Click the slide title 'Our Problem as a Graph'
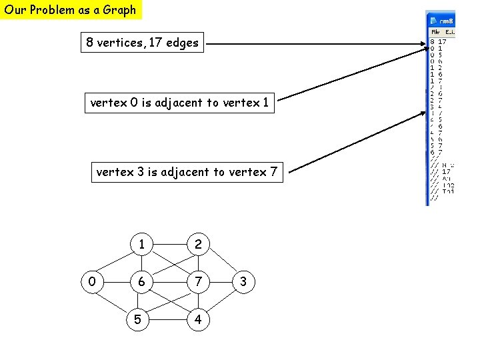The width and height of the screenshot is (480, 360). (x=71, y=10)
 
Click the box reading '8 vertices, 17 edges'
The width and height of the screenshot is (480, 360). (x=142, y=43)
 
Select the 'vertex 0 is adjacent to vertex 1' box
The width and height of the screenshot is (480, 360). (x=179, y=103)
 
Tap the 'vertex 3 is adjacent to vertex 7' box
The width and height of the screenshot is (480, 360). (x=187, y=172)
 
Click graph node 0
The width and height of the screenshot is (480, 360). (x=91, y=282)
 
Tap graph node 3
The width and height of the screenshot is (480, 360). (x=243, y=282)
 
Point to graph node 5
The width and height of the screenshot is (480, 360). (x=137, y=319)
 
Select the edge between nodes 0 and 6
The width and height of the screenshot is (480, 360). (x=117, y=282)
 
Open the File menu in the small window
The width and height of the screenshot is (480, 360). (x=435, y=31)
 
